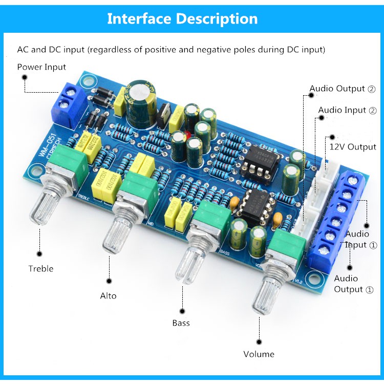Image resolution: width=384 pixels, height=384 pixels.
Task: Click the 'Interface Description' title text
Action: tap(182, 19)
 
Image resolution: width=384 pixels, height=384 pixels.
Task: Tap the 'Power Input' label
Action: tap(41, 67)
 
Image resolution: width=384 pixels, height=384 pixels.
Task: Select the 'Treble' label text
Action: tap(41, 268)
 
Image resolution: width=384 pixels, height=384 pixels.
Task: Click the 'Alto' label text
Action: tap(108, 295)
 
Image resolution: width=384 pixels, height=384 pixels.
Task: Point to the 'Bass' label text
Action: tap(181, 323)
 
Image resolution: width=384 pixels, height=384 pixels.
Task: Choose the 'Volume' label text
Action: tap(259, 354)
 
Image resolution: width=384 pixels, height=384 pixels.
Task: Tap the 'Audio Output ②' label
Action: tap(343, 89)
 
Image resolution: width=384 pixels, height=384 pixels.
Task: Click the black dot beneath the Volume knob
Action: tap(259, 341)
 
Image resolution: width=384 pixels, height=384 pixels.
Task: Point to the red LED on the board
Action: tap(188, 135)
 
